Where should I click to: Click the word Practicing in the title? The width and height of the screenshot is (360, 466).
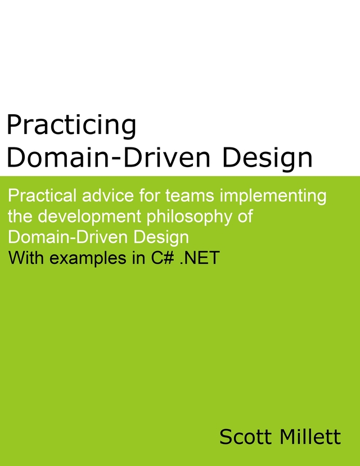click(71, 126)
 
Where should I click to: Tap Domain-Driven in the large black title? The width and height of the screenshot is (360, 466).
click(110, 158)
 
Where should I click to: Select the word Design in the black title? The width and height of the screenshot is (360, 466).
click(267, 158)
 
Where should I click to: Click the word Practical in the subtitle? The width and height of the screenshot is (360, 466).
click(43, 196)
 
